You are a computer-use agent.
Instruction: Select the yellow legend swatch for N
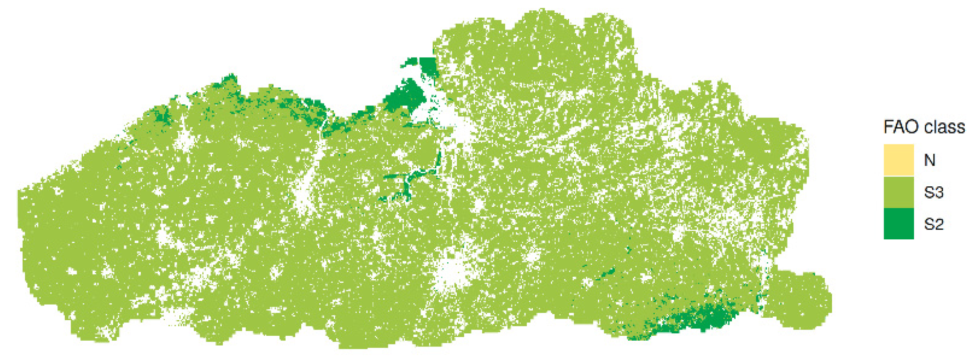(899, 160)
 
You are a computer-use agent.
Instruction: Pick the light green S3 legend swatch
(899, 192)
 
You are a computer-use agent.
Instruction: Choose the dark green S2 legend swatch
(899, 224)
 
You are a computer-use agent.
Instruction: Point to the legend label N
(930, 160)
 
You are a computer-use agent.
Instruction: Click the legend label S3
(934, 192)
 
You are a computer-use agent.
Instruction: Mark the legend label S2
(934, 224)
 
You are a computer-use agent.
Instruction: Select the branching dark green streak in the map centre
(406, 181)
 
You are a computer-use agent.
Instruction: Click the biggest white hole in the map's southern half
(454, 273)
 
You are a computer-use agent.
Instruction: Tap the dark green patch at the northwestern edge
(162, 115)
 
